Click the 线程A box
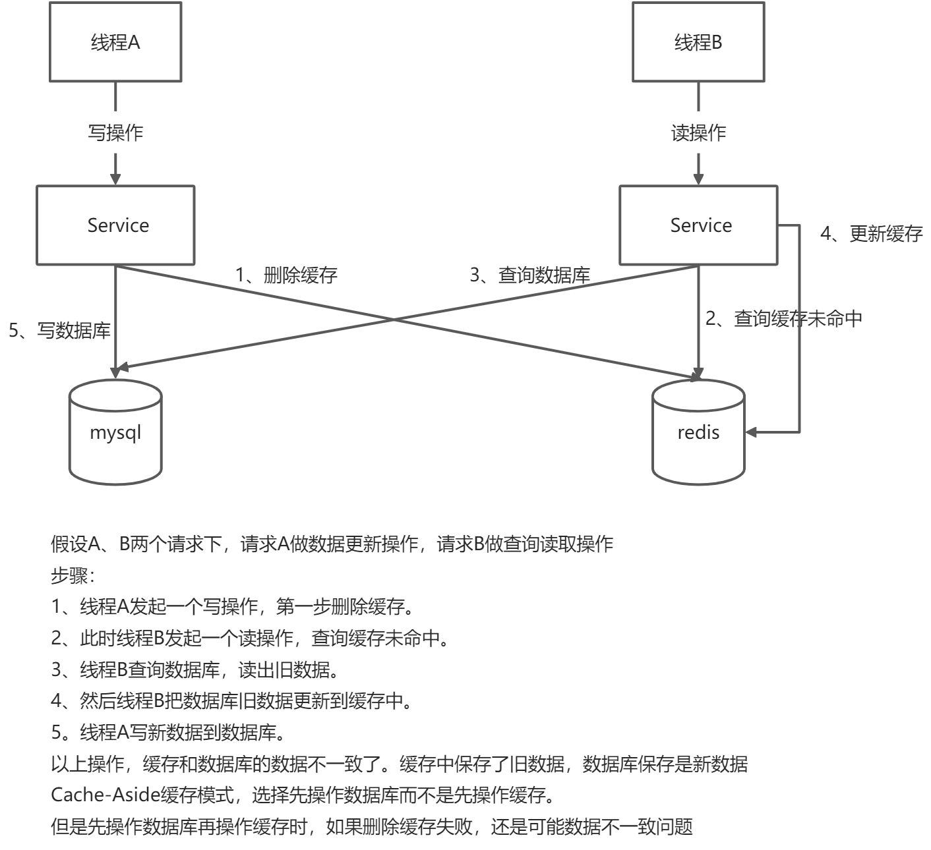[115, 42]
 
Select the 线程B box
[698, 42]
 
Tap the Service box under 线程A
[115, 225]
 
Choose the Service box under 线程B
[698, 225]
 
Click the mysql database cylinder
[115, 433]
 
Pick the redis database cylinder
[698, 433]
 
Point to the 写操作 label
[115, 132]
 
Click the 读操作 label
[698, 132]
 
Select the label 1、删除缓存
[287, 275]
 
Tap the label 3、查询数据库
[529, 275]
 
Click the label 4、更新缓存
[871, 233]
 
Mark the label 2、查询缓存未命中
[784, 319]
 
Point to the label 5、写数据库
[59, 330]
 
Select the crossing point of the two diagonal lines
[394, 320]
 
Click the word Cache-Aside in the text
[104, 795]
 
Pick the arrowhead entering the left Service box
[115, 179]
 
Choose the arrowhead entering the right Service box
[698, 179]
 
